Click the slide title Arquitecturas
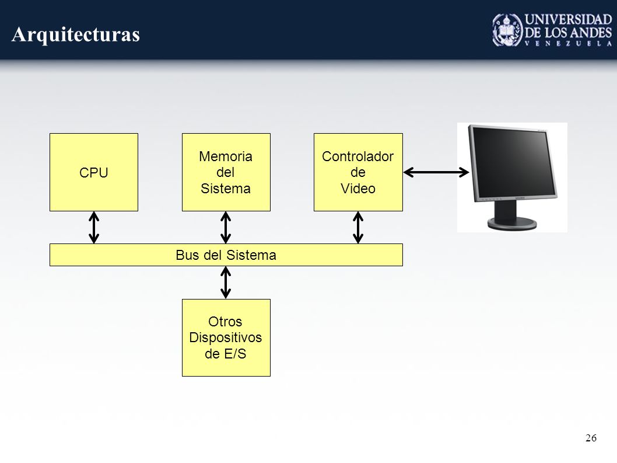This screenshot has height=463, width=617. pos(76,34)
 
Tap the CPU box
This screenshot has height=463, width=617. pos(94,172)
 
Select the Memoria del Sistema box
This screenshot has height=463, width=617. pos(226,172)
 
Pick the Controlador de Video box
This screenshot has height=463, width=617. pos(358,172)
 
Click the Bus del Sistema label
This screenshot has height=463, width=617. pos(226,255)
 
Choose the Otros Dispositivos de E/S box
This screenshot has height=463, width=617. pos(226,337)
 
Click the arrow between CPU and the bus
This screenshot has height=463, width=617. pos(94,227)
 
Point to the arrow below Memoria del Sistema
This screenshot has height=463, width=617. pos(226,227)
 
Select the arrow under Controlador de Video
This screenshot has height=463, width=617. pos(358,227)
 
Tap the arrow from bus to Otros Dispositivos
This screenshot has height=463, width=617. pos(226,283)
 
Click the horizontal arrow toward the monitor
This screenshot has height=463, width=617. pos(436,172)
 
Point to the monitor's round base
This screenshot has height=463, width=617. pos(512,224)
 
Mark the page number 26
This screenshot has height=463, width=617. pos(591,438)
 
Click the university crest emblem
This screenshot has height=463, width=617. pos(507,30)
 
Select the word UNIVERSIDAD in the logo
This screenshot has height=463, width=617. pos(568,19)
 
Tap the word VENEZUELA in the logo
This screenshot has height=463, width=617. pos(568,43)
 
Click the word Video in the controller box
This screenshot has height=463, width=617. pos(357,189)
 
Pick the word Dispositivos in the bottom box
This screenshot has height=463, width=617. pos(226,337)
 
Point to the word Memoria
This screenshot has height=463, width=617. pos(226,156)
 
